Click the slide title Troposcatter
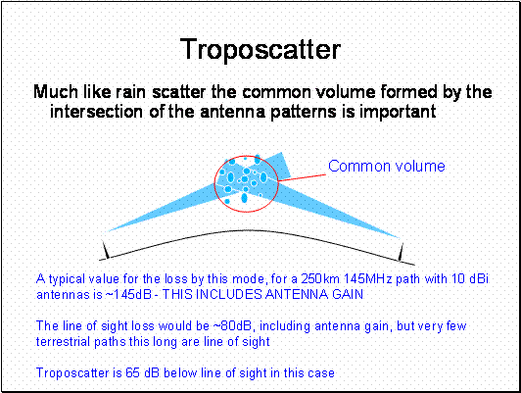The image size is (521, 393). (260, 49)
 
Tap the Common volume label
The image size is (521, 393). (387, 166)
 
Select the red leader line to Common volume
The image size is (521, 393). (303, 177)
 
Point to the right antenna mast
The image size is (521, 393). (402, 252)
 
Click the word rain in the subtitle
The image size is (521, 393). (131, 92)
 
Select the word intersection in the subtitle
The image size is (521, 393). (96, 112)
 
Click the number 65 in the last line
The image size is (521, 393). (133, 372)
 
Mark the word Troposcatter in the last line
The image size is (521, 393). (74, 373)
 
